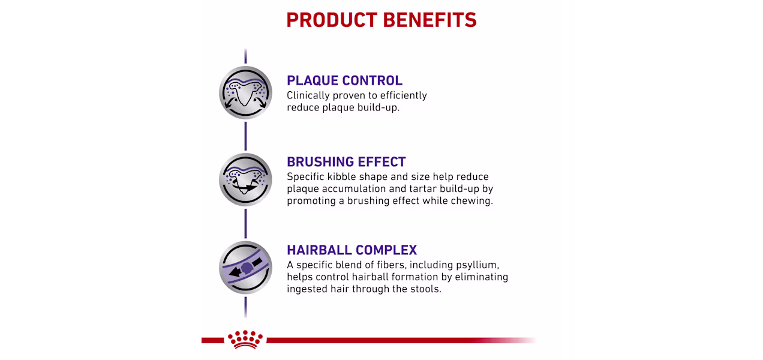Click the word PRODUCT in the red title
[x=332, y=20]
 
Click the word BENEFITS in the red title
[x=430, y=20]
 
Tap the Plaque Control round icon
[x=245, y=92]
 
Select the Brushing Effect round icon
[x=245, y=179]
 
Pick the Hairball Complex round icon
[x=245, y=268]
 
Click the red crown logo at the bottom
[x=245, y=339]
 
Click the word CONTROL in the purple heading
[x=373, y=81]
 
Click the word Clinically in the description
[x=308, y=96]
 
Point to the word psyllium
[x=477, y=265]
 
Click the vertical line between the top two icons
[x=245, y=136]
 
